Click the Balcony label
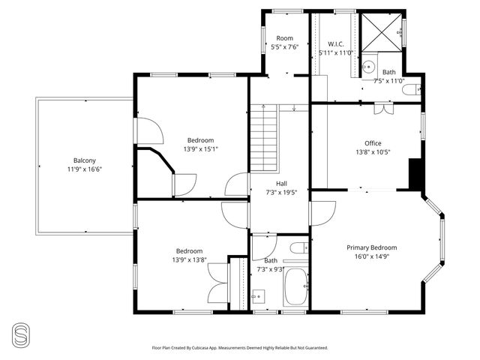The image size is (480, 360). click(84, 160)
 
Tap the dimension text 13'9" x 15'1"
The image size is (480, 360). click(200, 148)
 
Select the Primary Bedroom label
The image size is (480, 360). click(371, 247)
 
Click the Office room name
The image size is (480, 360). click(373, 143)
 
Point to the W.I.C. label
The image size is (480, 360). click(335, 43)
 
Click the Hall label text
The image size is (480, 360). click(281, 183)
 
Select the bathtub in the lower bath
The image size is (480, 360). click(295, 288)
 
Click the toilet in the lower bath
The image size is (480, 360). click(297, 248)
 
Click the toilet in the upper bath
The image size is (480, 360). click(410, 90)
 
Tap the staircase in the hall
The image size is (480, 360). click(264, 139)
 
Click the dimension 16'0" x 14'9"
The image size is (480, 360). click(371, 256)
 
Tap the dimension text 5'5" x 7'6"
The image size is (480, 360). click(284, 46)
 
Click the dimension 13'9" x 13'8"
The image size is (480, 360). click(189, 260)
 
